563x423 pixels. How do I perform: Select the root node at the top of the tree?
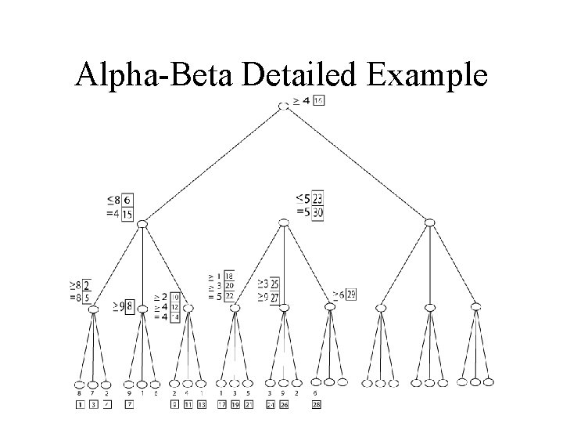[x=283, y=105]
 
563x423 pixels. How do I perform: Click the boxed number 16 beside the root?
[x=318, y=100]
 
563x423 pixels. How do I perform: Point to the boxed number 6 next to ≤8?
[x=127, y=201]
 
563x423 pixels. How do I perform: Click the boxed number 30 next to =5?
[x=317, y=213]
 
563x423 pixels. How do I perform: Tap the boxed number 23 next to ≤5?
[x=317, y=200]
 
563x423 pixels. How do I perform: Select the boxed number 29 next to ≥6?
[x=351, y=294]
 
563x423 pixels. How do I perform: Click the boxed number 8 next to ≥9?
[x=130, y=305]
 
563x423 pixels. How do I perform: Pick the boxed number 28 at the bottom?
[x=316, y=404]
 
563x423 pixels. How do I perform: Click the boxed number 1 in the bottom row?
[x=79, y=404]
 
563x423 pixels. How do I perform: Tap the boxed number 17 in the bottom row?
[x=221, y=404]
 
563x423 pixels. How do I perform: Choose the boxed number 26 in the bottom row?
[x=284, y=404]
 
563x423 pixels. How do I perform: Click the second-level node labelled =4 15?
[x=142, y=225]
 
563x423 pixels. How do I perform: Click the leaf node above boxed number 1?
[x=79, y=384]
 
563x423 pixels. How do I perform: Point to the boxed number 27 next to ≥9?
[x=274, y=298]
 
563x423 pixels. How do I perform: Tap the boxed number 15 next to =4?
[x=127, y=214]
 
